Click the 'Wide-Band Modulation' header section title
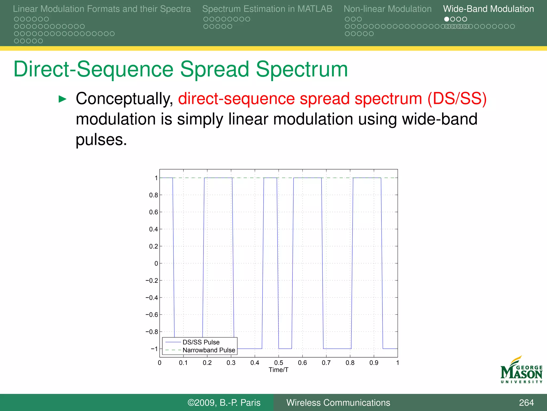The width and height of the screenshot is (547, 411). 488,9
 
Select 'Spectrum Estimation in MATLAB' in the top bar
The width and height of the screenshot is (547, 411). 267,9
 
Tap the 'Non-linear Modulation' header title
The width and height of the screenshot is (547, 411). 387,9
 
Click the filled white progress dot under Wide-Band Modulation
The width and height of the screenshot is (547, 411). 446,19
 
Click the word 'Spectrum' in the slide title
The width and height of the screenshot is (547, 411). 302,69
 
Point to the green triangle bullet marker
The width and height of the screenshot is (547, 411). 62,99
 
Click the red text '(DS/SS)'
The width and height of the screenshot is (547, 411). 457,98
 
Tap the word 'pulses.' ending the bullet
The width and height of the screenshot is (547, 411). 101,139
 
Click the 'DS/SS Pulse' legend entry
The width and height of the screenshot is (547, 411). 201,342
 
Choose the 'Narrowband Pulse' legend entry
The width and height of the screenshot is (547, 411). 209,350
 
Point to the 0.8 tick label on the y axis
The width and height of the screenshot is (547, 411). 153,195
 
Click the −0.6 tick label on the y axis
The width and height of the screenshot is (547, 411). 152,315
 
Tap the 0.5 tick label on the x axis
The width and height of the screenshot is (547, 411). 279,363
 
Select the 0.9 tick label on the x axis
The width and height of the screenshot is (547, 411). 374,363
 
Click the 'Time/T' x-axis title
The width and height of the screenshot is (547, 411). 278,370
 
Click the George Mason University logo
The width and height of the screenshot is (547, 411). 521,371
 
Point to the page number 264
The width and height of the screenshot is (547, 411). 526,403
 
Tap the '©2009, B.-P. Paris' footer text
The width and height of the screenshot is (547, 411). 224,403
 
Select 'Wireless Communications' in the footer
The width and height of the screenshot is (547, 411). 338,403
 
